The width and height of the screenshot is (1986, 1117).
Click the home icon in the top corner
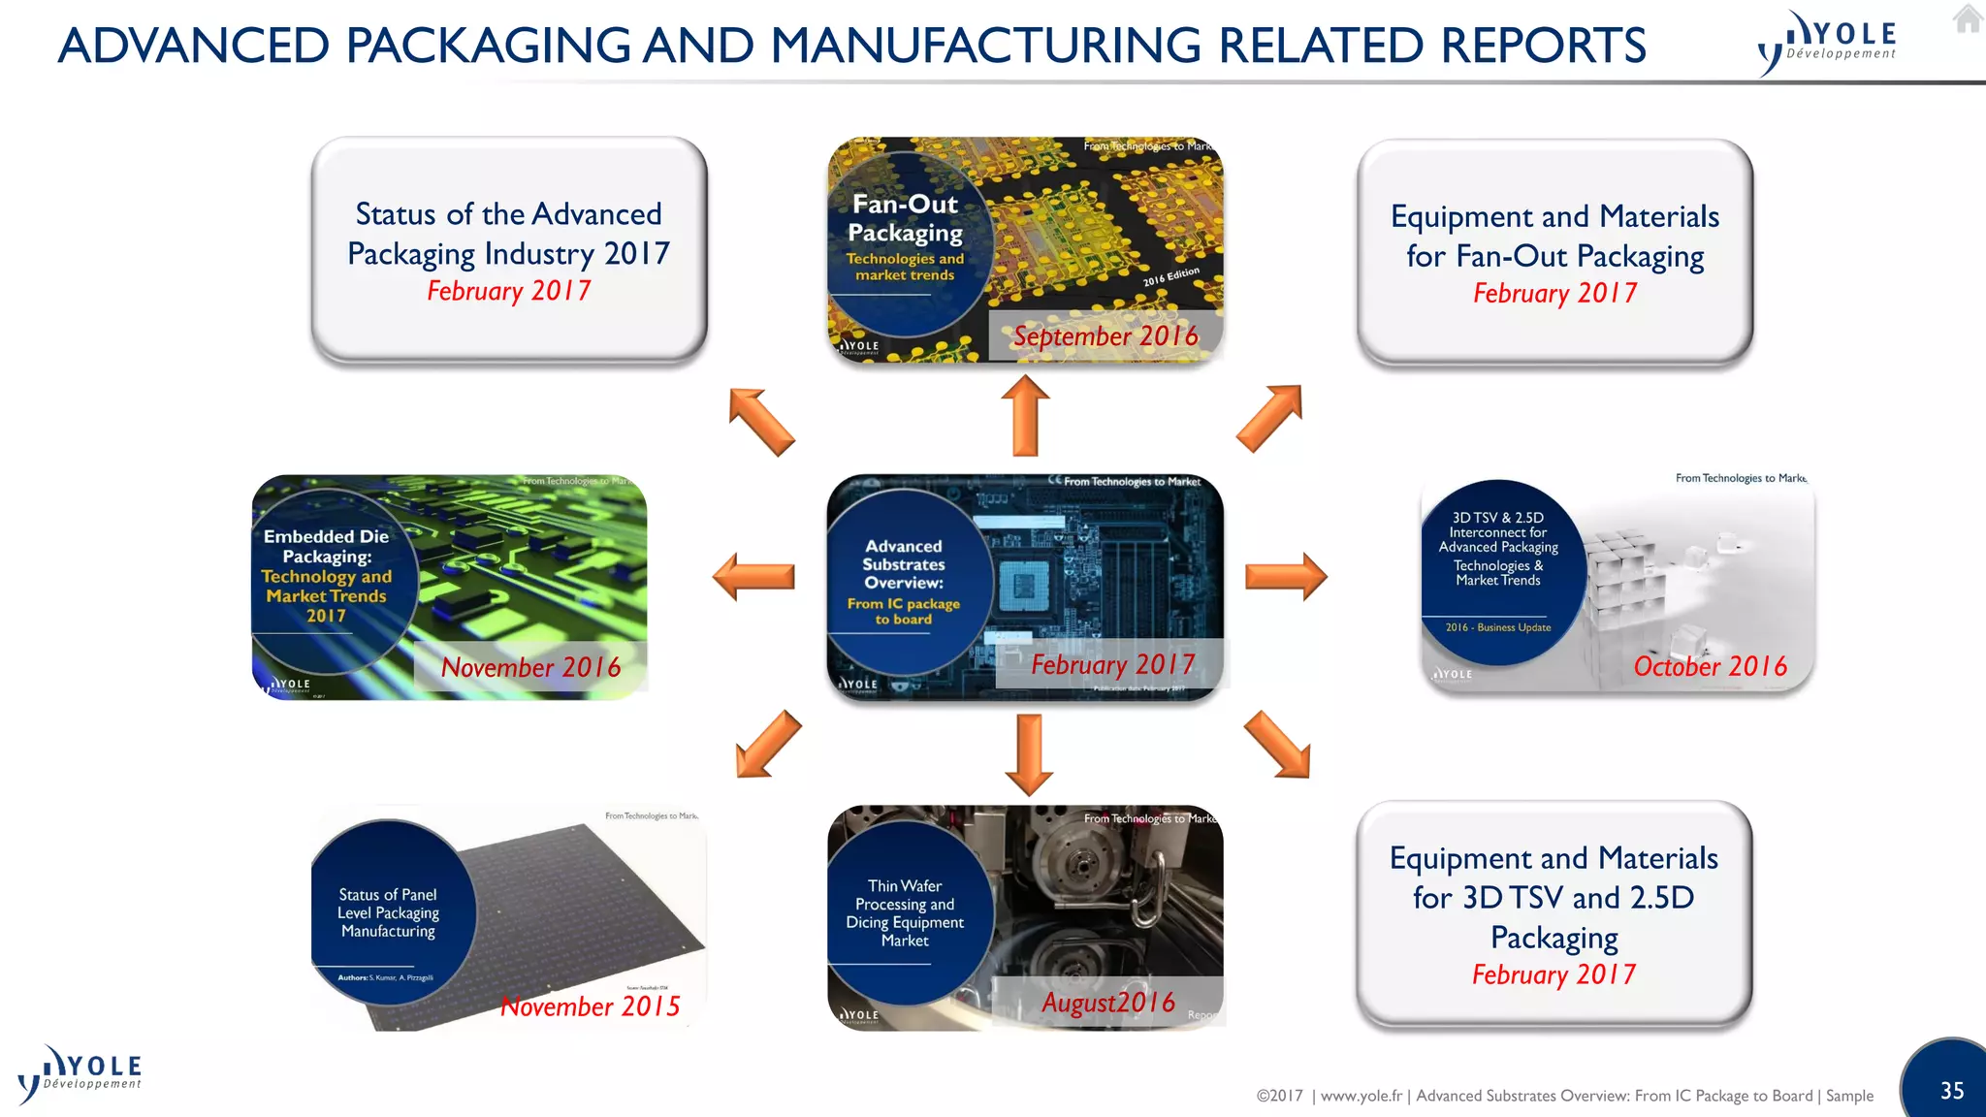[1968, 18]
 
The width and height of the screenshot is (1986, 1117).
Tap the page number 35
[1952, 1091]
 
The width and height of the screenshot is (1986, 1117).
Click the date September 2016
[1105, 336]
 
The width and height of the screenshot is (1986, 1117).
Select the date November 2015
[590, 1006]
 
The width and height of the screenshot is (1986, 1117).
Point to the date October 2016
[1710, 666]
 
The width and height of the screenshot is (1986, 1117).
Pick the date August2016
[1107, 1003]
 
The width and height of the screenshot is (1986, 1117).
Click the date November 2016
[530, 667]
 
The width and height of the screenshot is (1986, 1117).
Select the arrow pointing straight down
[1029, 754]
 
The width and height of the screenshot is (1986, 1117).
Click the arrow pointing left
[753, 577]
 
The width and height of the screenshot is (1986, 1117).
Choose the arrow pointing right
[1286, 577]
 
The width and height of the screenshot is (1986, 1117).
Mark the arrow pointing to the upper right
[1270, 417]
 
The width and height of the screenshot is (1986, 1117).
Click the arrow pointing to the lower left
[768, 745]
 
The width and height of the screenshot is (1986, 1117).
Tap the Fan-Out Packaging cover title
[905, 218]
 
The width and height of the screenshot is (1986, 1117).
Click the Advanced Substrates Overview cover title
[904, 564]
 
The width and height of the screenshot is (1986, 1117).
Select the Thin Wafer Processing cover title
[905, 912]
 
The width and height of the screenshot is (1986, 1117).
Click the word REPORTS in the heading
[1543, 46]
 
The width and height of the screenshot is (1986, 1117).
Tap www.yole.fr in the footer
[1361, 1096]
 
